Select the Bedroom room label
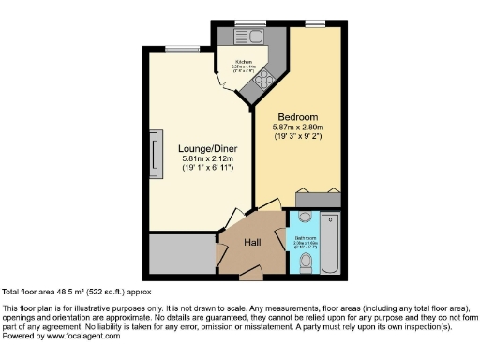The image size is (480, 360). [x=298, y=116]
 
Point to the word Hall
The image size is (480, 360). [x=253, y=242]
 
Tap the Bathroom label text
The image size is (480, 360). [x=306, y=238]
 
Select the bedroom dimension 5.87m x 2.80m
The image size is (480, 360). [x=298, y=127]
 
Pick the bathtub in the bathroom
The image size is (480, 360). [x=331, y=243]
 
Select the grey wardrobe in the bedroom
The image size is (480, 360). [x=319, y=198]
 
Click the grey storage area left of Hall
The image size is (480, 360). [x=180, y=253]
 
